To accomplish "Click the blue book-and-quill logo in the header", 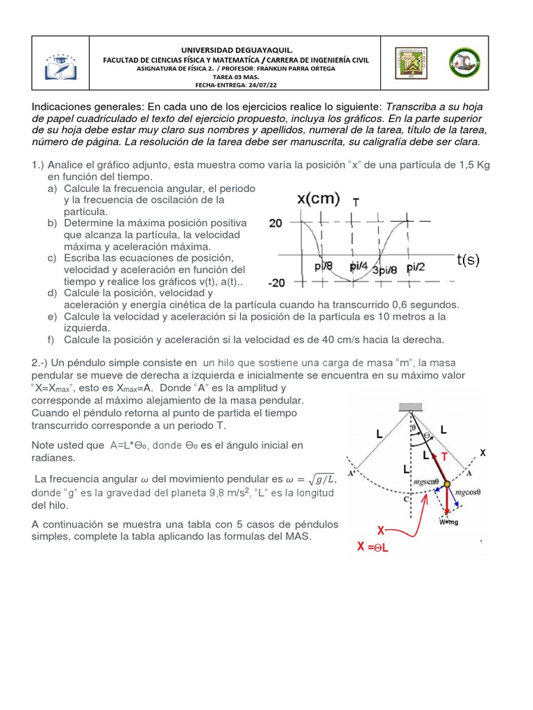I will (x=63, y=62).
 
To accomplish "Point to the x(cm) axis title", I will (x=319, y=199).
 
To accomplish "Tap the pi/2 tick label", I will (x=416, y=267).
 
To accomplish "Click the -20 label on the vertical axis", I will (x=278, y=283).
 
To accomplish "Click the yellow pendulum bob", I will (x=447, y=483).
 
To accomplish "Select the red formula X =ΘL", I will (x=378, y=546).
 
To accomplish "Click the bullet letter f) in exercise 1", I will (x=52, y=340).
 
